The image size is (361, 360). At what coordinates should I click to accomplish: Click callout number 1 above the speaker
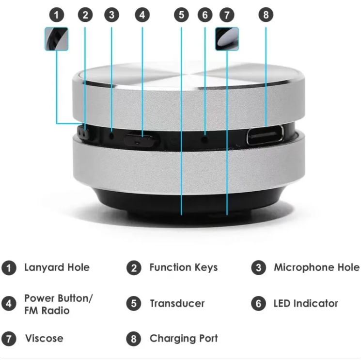(57, 15)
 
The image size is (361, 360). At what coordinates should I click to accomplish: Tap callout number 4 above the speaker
(141, 15)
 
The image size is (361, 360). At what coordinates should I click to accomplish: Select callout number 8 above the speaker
(265, 15)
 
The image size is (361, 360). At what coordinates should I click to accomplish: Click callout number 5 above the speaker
(181, 15)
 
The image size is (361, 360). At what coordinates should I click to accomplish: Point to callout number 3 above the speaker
(111, 15)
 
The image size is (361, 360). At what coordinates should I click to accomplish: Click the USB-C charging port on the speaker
(266, 136)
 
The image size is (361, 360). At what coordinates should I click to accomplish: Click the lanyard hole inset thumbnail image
(57, 39)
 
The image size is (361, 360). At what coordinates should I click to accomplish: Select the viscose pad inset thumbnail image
(227, 39)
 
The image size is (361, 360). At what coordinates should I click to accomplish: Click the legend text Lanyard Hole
(57, 267)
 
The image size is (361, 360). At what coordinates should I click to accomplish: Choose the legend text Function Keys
(183, 267)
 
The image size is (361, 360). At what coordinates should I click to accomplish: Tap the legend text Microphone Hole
(316, 267)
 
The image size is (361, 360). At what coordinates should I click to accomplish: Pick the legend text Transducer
(177, 304)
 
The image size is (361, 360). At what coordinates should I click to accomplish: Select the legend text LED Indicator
(306, 304)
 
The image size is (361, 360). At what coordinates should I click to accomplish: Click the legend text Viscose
(44, 338)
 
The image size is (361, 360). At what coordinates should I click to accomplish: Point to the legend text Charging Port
(184, 338)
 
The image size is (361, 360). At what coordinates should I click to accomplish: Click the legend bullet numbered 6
(258, 304)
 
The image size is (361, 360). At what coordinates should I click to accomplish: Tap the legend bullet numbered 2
(134, 268)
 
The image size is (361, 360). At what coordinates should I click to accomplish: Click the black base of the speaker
(145, 204)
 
